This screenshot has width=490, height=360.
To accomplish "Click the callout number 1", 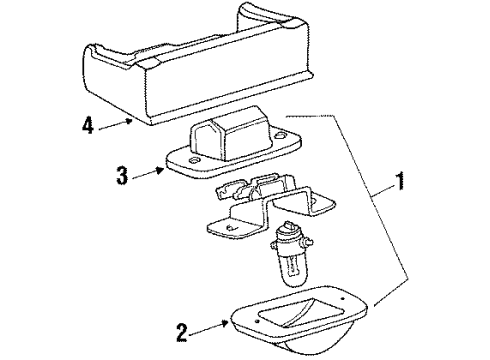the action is (400, 181).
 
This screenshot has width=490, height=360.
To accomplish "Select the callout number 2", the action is (182, 333).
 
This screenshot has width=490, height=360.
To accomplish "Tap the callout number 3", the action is (122, 175).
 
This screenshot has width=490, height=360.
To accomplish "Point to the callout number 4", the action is (88, 126).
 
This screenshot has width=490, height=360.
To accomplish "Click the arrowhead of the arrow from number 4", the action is (129, 121).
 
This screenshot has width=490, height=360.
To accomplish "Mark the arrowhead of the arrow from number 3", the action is (160, 170).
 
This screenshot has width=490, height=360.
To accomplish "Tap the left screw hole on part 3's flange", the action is (193, 160).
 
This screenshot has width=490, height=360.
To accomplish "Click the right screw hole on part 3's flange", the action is (281, 135).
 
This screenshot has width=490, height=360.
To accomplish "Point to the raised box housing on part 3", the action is (230, 134).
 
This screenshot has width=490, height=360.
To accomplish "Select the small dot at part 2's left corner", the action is (257, 321).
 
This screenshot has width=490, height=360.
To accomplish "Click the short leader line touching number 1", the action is (383, 192).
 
